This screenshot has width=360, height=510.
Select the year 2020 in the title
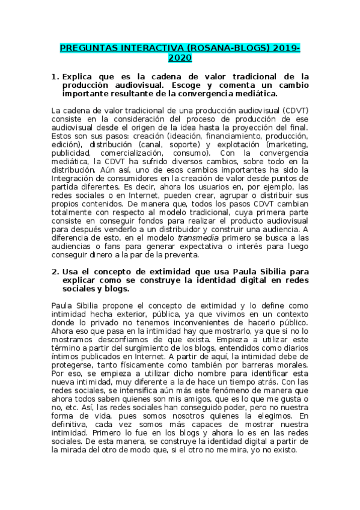[180, 58]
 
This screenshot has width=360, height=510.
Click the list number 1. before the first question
[55, 76]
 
